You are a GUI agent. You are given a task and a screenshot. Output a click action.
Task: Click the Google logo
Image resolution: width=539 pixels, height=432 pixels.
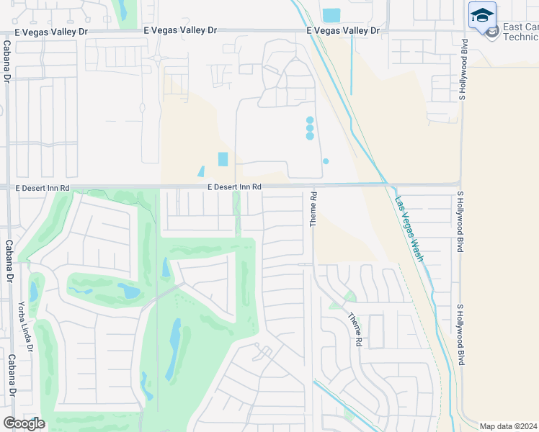click(x=24, y=423)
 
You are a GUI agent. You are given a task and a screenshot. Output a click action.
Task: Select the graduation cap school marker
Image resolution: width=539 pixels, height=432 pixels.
click(x=482, y=15)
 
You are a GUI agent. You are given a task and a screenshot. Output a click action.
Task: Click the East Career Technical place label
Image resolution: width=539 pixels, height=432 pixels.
click(x=520, y=32)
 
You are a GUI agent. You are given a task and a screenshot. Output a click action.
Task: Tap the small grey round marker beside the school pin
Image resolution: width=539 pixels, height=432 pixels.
click(x=493, y=32)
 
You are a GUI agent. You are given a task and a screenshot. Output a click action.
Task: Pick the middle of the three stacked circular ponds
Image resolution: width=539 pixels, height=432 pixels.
click(x=310, y=127)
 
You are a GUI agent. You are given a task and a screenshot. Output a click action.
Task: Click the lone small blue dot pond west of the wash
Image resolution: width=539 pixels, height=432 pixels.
click(x=326, y=161)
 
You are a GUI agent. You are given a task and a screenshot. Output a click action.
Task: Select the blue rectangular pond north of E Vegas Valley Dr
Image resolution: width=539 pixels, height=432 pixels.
click(x=331, y=14)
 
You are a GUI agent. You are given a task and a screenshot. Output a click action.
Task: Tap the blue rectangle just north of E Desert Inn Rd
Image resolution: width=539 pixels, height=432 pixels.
click(x=223, y=159)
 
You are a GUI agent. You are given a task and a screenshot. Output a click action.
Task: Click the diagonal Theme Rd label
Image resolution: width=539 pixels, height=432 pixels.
click(x=354, y=329)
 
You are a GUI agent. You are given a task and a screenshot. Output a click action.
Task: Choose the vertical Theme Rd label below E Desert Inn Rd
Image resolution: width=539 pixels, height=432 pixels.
click(x=313, y=209)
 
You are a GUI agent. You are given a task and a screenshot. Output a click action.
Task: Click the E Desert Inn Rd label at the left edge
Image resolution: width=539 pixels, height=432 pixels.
click(x=43, y=188)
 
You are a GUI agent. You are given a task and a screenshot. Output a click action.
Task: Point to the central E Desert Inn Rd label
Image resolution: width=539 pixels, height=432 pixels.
click(x=233, y=187)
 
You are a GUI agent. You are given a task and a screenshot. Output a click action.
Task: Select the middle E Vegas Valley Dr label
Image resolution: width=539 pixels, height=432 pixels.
click(x=180, y=30)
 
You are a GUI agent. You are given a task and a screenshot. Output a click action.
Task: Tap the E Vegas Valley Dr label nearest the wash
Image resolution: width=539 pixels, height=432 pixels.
click(x=342, y=30)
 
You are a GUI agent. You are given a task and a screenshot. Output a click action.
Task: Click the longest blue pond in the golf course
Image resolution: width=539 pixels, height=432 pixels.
click(x=174, y=350)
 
